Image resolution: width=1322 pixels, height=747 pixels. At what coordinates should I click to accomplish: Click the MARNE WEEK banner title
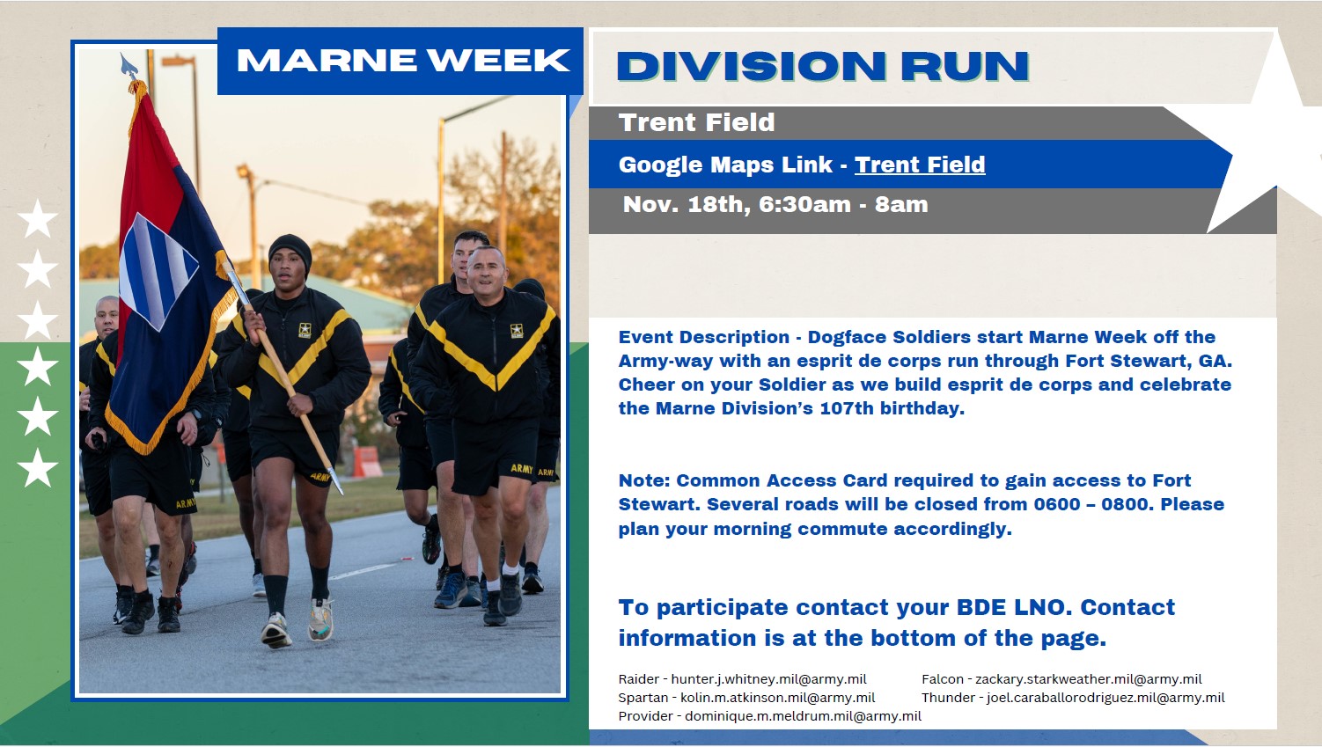pos(404,60)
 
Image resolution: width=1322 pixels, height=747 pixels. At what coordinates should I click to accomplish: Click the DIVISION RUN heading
pos(823,65)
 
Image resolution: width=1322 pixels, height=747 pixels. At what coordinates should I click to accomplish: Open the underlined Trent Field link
pos(920,165)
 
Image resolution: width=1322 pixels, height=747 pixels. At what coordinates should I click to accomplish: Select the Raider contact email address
pos(769,679)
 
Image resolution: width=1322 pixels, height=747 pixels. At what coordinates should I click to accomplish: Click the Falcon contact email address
pos(1088,679)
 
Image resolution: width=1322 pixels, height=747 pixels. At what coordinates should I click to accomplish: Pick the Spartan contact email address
pos(778,698)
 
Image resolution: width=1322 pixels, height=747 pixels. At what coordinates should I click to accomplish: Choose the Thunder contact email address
pos(1106,698)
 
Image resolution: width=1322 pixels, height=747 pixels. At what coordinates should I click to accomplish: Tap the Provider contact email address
pos(803,715)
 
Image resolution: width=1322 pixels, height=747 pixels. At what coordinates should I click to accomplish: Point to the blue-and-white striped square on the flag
pos(158,271)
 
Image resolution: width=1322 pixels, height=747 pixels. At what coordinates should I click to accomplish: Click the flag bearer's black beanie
pos(290,250)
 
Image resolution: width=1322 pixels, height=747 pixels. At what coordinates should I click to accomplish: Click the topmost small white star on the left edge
pos(38,218)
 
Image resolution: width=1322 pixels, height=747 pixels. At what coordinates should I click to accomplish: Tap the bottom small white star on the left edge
pos(38,467)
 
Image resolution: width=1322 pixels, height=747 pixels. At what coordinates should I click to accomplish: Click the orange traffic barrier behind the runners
pos(368,461)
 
